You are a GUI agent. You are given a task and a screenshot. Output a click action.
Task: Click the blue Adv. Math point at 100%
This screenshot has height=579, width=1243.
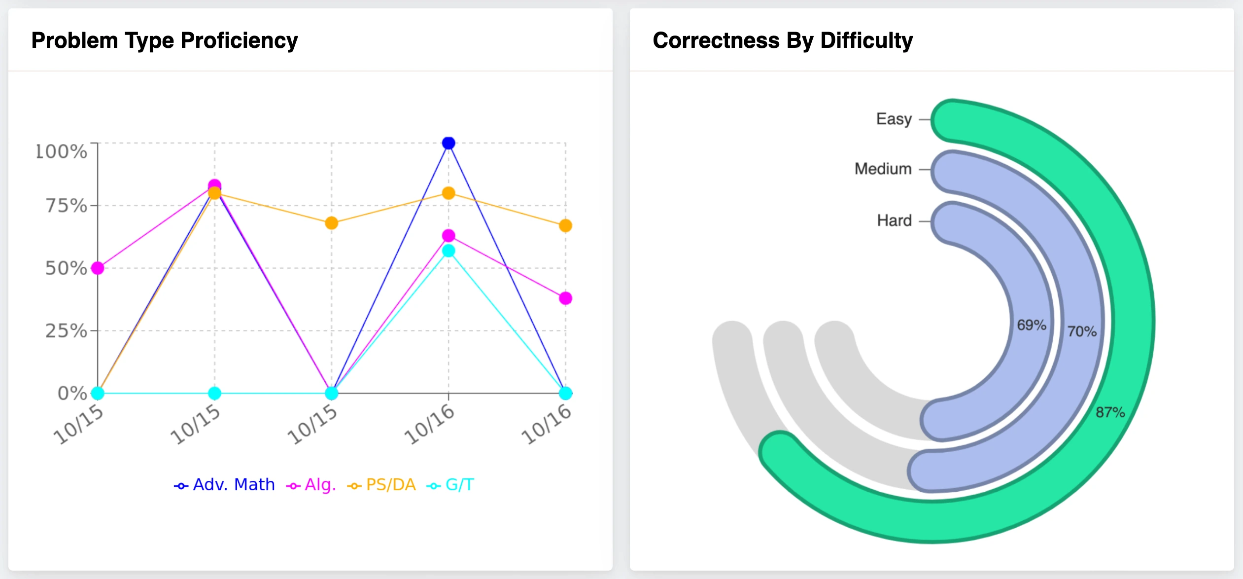point(449,143)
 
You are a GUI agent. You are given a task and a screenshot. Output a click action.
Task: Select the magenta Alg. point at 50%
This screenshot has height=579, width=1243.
point(98,268)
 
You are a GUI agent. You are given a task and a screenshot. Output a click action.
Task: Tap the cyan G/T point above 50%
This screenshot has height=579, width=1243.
point(449,251)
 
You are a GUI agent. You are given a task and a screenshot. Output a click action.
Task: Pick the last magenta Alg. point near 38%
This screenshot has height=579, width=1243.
point(565,298)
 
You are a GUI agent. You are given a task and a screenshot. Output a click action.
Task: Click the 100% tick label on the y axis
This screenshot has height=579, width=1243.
point(62,151)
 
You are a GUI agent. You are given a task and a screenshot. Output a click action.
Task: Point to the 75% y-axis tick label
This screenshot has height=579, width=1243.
point(67,206)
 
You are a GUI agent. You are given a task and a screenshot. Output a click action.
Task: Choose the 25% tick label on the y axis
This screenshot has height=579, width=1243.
point(67,331)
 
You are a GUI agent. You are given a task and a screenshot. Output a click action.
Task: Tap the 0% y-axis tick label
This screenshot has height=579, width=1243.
point(72,394)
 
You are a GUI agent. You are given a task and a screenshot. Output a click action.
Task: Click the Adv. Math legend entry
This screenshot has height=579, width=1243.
point(225,485)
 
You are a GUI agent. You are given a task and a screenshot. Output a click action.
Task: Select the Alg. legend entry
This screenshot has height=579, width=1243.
point(311,485)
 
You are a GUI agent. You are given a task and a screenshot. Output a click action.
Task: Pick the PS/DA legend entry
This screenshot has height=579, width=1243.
point(382,485)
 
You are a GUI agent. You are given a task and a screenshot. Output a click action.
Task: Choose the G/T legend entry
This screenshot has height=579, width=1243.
point(450,485)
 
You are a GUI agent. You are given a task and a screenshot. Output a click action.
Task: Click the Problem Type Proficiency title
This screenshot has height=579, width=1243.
point(165,40)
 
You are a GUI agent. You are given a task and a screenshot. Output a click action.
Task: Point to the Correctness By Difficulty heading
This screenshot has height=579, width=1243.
point(783,40)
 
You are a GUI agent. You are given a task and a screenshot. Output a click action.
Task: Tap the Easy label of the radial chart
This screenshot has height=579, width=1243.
point(894,119)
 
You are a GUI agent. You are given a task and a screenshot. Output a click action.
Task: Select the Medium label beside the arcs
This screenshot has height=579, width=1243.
point(883,169)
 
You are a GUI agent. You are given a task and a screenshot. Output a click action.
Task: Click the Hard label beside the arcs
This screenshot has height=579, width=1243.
point(894,220)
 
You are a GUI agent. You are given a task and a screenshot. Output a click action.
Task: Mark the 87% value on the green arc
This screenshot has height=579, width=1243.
point(1110,412)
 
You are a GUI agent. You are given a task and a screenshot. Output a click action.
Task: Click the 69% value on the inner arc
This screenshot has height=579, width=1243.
point(1032,325)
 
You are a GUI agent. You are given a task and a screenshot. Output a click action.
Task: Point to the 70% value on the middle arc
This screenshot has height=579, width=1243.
point(1082,331)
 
